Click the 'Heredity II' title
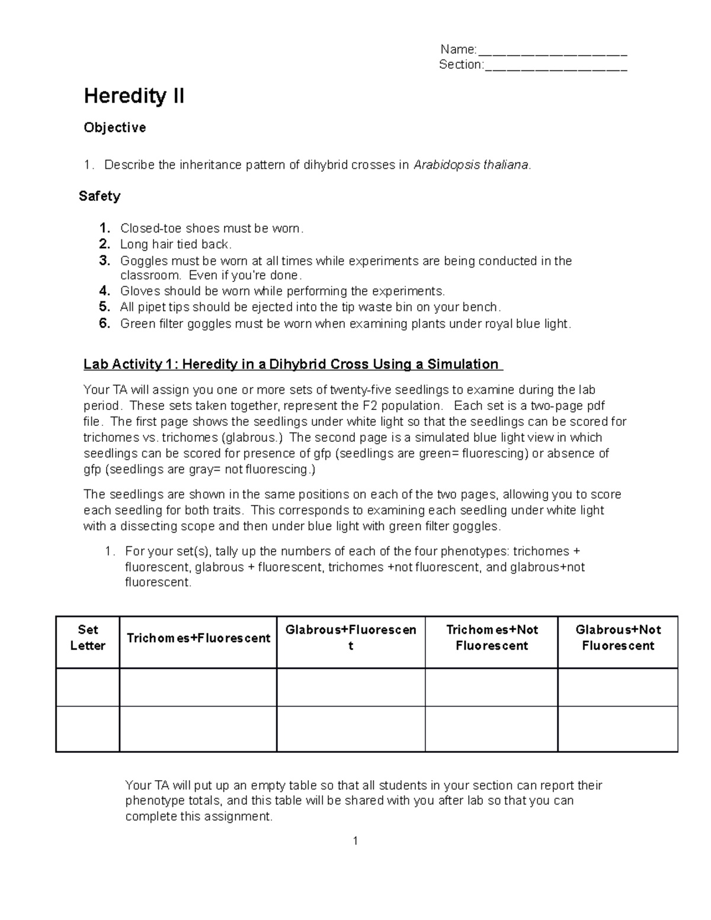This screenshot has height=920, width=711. (x=134, y=95)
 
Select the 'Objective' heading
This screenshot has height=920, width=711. (x=114, y=127)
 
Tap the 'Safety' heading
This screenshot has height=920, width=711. (x=100, y=196)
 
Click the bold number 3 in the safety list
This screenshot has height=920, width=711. (x=105, y=261)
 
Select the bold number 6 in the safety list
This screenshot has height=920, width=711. (x=105, y=323)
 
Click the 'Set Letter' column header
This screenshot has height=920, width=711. (x=88, y=638)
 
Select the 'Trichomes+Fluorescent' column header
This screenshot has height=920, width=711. (x=198, y=638)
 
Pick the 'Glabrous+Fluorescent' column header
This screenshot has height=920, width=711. (x=351, y=637)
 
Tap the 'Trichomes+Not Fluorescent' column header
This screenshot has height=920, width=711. (x=491, y=637)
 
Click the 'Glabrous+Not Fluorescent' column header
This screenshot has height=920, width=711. (x=617, y=637)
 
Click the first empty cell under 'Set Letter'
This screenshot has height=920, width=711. (x=88, y=687)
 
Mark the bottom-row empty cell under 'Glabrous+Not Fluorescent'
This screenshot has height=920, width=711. (x=617, y=729)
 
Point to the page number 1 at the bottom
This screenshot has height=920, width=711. (x=355, y=841)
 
